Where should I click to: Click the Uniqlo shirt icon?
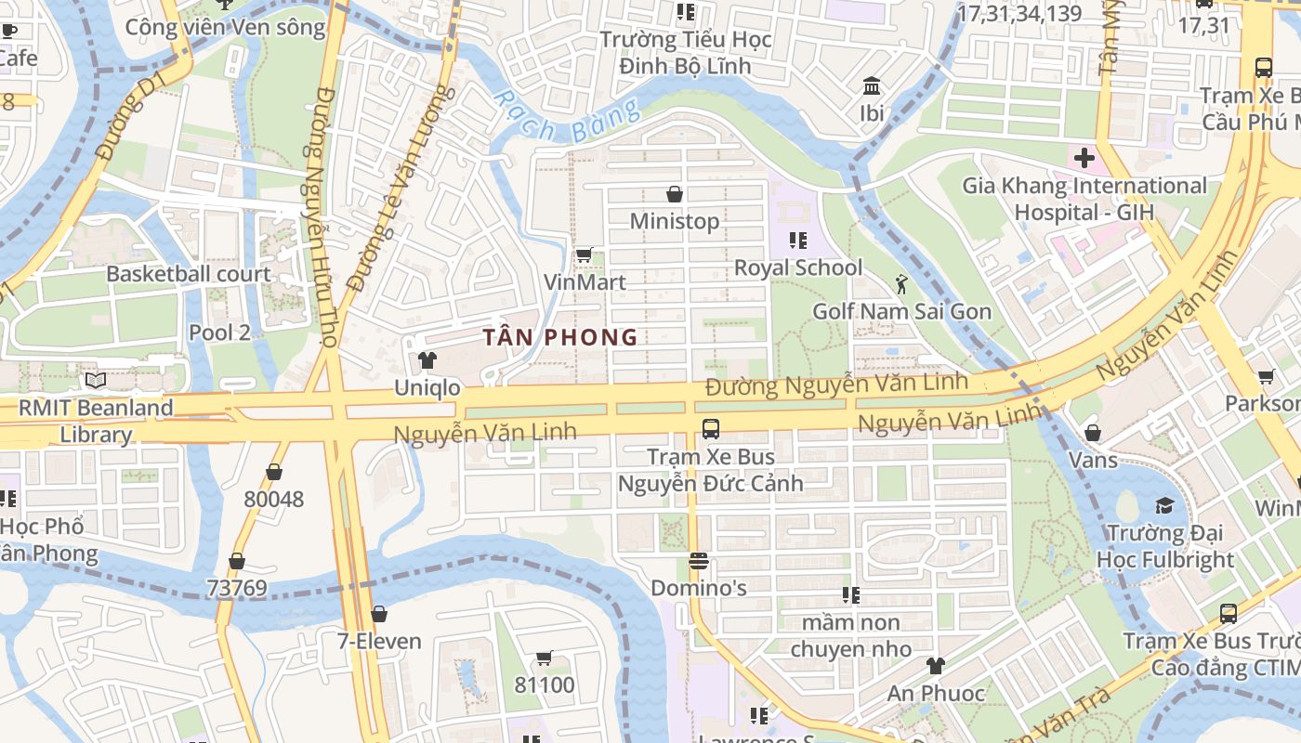point(427,360)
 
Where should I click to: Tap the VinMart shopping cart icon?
point(585,254)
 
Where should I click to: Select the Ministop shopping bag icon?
point(675,194)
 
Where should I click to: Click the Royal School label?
point(798,268)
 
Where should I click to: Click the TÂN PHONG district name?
point(560,337)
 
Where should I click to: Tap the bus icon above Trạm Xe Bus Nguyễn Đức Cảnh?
point(711,429)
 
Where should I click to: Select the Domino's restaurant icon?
point(699,561)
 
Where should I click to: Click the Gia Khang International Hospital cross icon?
point(1084,158)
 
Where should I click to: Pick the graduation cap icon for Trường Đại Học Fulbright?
point(1164,506)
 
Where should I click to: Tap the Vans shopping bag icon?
point(1093,433)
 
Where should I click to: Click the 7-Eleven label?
point(379,641)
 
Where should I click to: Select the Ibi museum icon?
point(872,86)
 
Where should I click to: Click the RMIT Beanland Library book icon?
point(96,380)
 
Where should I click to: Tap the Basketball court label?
point(189,274)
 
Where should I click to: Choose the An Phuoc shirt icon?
point(936,666)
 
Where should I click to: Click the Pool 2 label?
point(219,332)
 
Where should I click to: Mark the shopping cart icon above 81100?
point(545,658)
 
